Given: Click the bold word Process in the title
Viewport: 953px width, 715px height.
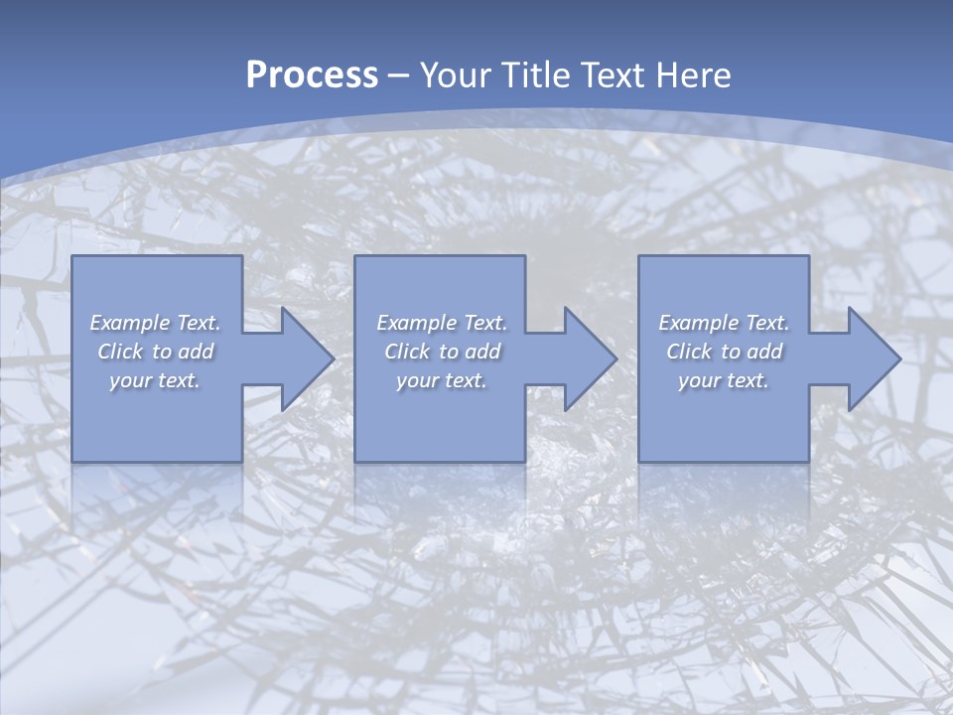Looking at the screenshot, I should pyautogui.click(x=312, y=75).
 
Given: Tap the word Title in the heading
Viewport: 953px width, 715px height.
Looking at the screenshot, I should pyautogui.click(x=535, y=75).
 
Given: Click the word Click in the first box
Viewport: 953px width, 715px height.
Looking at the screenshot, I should pyautogui.click(x=120, y=352).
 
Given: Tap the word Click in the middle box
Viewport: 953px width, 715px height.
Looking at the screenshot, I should pyautogui.click(x=407, y=352).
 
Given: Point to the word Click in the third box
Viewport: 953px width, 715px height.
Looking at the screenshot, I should pyautogui.click(x=689, y=352).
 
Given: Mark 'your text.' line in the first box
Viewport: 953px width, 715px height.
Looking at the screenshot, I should pyautogui.click(x=155, y=380).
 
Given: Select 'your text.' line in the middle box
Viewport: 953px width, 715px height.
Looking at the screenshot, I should pyautogui.click(x=442, y=380).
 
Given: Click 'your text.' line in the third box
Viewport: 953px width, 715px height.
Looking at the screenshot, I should pyautogui.click(x=724, y=380).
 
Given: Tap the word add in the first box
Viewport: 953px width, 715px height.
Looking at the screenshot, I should pyautogui.click(x=197, y=352).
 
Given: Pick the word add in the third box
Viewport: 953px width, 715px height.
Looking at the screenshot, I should pyautogui.click(x=765, y=352).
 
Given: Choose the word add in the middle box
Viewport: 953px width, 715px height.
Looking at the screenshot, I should pyautogui.click(x=483, y=352).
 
